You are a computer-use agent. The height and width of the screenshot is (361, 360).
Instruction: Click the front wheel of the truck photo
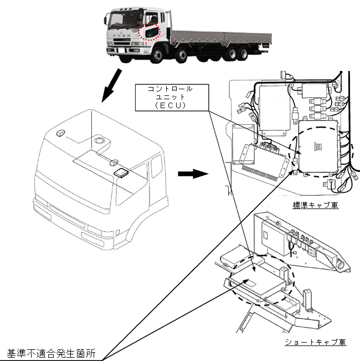tap(157, 55)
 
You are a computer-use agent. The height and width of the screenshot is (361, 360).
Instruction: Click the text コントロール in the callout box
tap(170, 89)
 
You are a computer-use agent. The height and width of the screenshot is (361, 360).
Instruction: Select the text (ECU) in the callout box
tap(170, 105)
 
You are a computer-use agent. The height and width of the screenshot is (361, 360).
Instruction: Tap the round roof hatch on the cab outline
tap(100, 140)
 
